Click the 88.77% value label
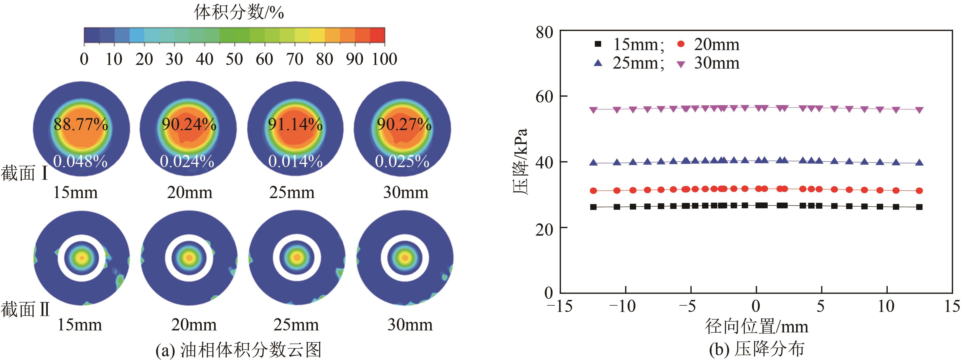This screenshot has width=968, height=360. coord(81,124)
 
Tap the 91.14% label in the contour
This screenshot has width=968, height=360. coord(295,124)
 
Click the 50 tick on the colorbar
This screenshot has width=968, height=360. coord(234,59)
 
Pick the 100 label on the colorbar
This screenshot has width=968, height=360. coord(385,59)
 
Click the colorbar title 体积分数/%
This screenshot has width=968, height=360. coord(239,13)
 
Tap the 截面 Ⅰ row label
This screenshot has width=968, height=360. coord(25,173)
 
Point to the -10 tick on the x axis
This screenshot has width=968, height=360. coord(622,306)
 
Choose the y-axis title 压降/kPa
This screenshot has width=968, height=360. coord(521,162)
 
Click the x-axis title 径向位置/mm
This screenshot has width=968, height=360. coord(756,326)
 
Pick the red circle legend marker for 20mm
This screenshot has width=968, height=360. coord(681,44)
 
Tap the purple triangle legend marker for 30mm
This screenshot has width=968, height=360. coord(681,64)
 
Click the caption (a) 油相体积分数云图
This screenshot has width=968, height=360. coord(238,350)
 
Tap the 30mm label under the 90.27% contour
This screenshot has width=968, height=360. coord(406,192)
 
